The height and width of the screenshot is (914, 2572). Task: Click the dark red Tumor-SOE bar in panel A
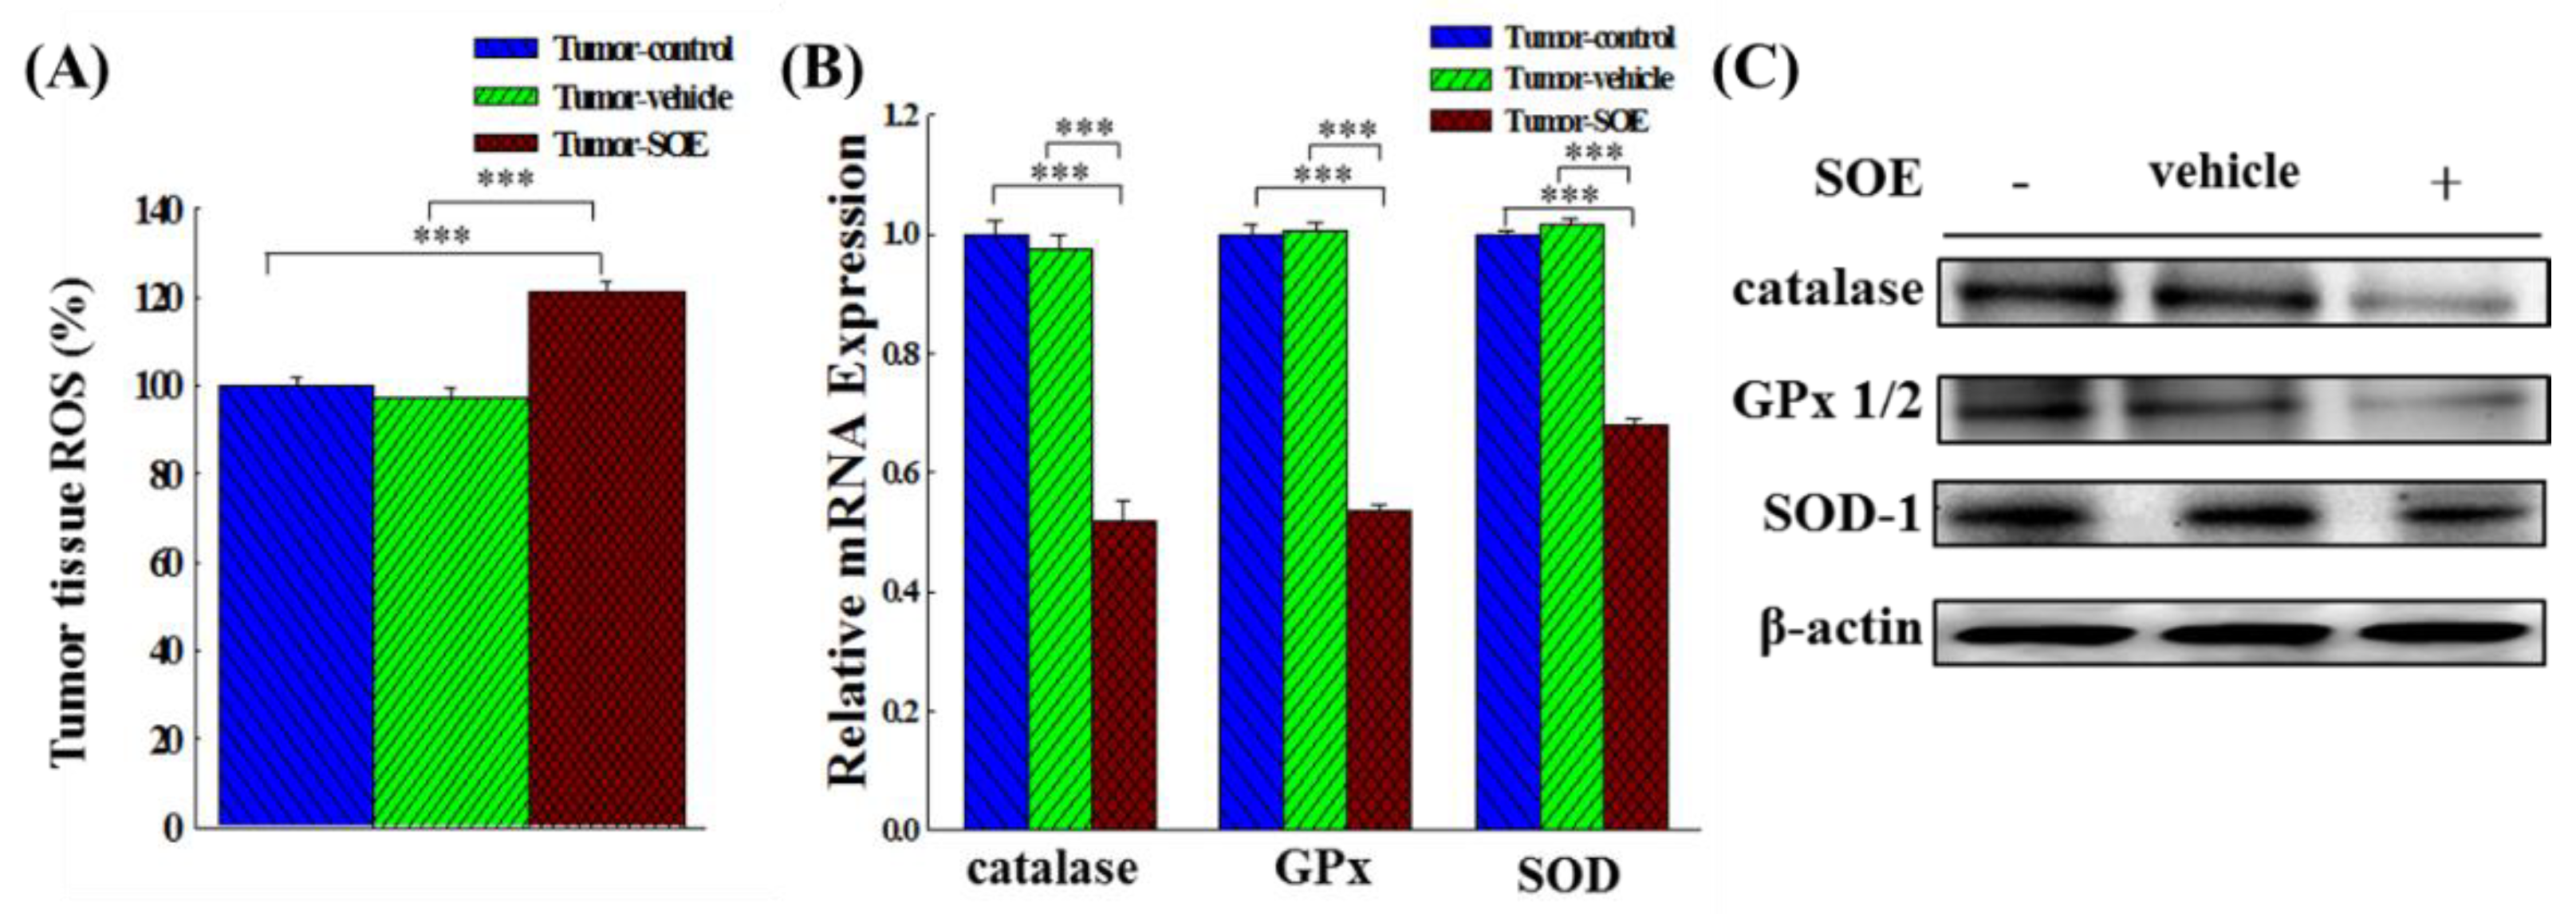click(x=606, y=560)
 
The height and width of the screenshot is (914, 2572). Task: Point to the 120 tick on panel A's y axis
click(x=159, y=299)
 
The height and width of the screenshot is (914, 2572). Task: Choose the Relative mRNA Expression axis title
click(x=849, y=460)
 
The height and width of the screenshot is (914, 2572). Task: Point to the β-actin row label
click(x=1839, y=629)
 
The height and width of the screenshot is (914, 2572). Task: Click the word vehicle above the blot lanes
click(x=2224, y=172)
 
